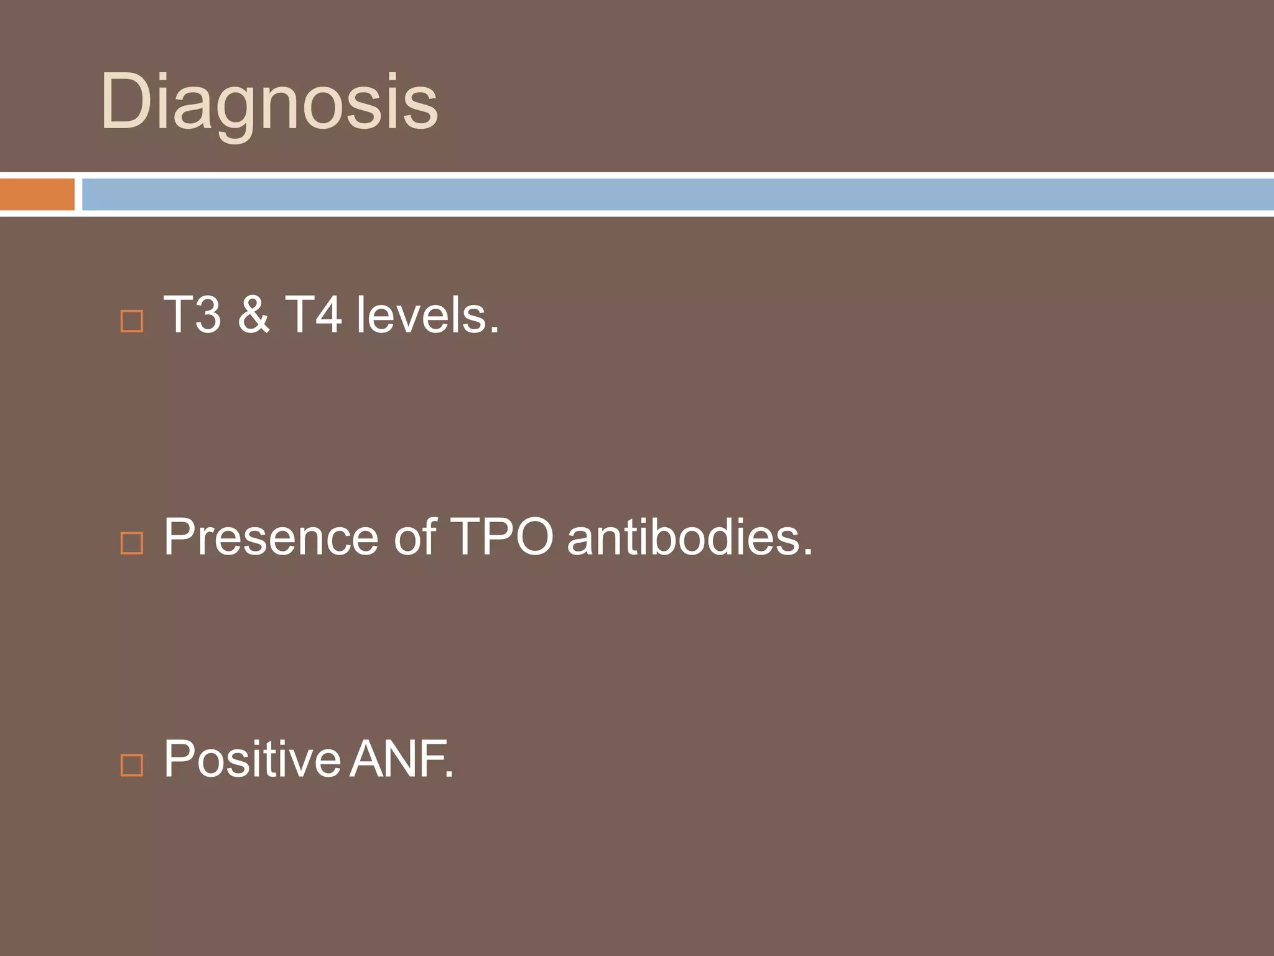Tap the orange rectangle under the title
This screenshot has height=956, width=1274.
click(x=37, y=194)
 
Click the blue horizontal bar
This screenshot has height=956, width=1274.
click(x=677, y=194)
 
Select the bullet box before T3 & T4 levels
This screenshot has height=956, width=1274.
click(x=131, y=322)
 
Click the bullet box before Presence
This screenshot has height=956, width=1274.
click(x=131, y=543)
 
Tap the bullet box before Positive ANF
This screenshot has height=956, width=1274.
click(x=131, y=765)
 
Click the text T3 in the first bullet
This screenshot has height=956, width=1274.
click(x=192, y=315)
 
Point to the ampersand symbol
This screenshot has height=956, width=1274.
click(x=253, y=315)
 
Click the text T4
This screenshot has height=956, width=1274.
click(x=313, y=315)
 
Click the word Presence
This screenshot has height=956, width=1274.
click(x=271, y=537)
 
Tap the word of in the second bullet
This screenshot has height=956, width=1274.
click(x=414, y=537)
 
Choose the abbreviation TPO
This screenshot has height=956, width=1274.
click(x=501, y=537)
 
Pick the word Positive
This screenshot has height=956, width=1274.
click(x=252, y=759)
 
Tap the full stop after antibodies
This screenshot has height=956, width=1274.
click(x=807, y=552)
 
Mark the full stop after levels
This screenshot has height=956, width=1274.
click(x=494, y=330)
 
